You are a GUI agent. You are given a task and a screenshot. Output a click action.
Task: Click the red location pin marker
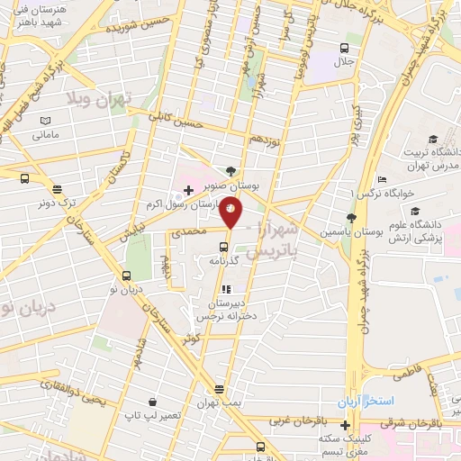(x=230, y=212)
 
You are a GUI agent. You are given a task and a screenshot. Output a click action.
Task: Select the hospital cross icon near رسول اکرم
(x=188, y=190)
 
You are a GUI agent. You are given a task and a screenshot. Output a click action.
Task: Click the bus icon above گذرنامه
(x=223, y=246)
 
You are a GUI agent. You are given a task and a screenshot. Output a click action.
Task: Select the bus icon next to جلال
(x=344, y=49)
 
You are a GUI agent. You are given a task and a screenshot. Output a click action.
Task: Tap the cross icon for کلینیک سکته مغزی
(x=345, y=424)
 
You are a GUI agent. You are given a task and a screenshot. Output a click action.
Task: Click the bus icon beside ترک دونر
(x=57, y=189)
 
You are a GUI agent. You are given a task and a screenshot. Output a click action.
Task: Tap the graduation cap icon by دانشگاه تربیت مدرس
(x=433, y=139)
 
